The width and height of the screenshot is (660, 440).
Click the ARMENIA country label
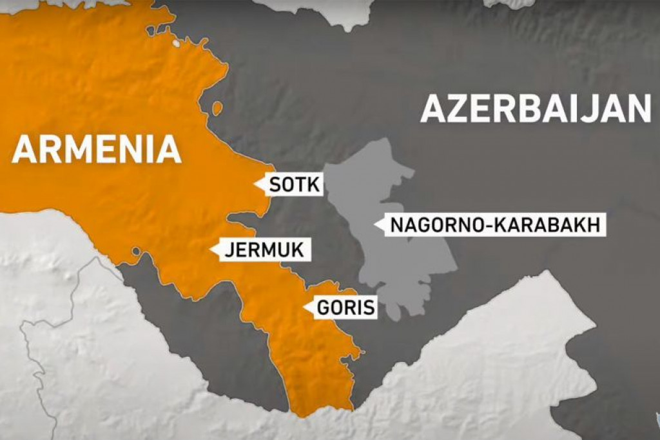click(97, 149)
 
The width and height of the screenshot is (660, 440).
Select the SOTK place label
click(294, 185)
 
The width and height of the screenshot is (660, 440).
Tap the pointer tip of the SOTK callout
click(255, 185)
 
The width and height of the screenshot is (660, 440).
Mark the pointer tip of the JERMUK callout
click(212, 250)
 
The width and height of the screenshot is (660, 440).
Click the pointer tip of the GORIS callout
click(304, 308)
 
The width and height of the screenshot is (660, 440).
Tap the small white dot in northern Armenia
click(176, 43)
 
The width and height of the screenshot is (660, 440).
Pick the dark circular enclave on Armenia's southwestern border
click(136, 251)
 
